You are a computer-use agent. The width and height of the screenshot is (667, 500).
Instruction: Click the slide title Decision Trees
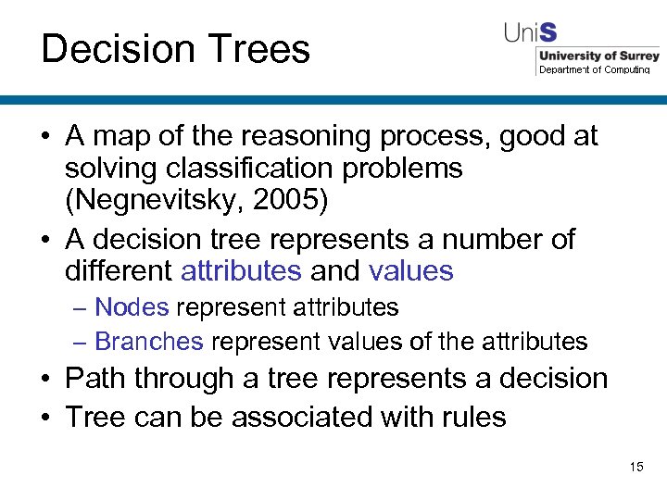pos(175,49)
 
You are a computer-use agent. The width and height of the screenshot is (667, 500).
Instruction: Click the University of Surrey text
pos(598,56)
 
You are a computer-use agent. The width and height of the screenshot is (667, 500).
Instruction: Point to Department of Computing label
pos(594,70)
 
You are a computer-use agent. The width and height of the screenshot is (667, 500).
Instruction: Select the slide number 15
pos(636,467)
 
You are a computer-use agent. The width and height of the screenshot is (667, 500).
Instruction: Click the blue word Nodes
pos(132,306)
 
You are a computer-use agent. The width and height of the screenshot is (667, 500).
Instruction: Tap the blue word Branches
pos(149,342)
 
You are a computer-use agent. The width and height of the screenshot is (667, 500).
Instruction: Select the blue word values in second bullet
pos(410,270)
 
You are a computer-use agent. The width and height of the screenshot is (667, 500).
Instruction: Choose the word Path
pos(95,379)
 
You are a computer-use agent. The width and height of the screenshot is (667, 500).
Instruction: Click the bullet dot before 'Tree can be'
pos(47,418)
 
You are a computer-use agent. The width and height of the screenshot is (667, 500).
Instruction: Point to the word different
pos(119,270)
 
